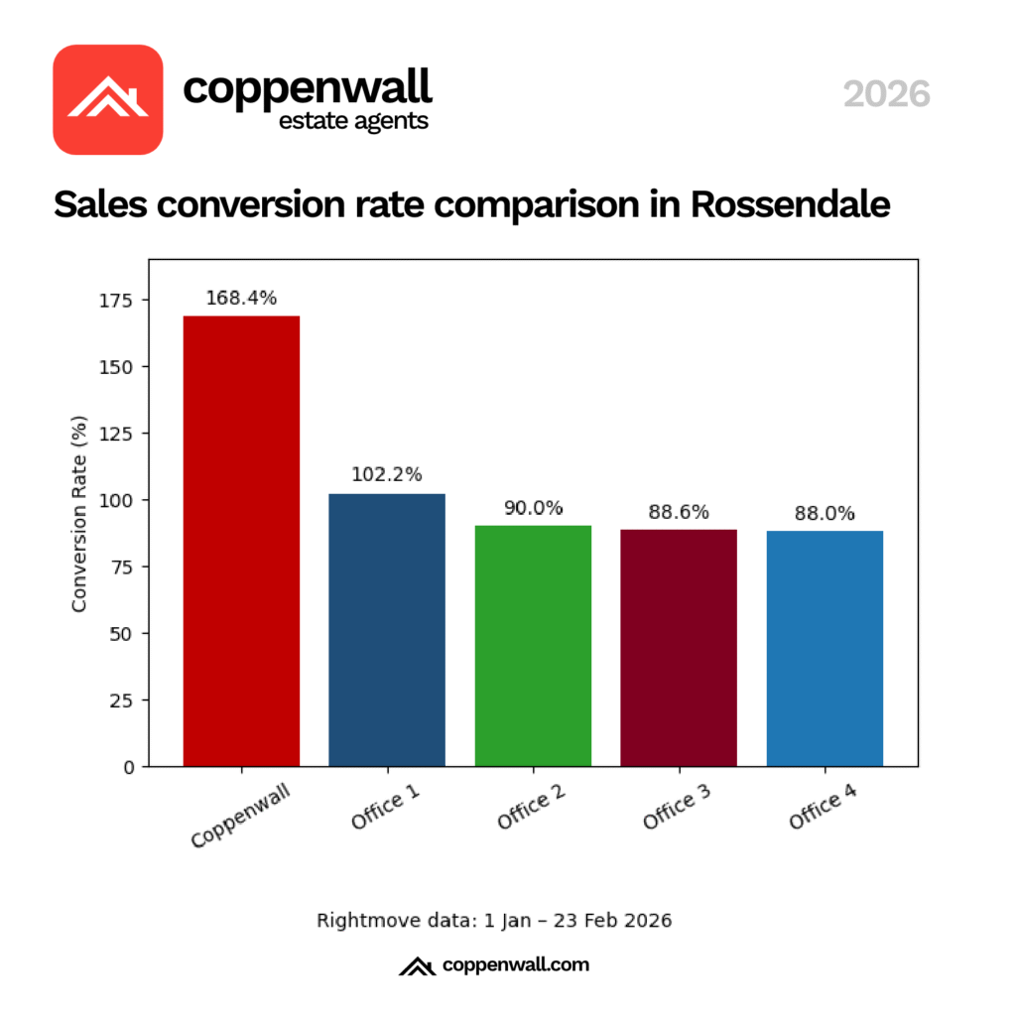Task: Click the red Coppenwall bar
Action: [x=241, y=541]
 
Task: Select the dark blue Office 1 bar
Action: [x=387, y=630]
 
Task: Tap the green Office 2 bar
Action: [x=533, y=646]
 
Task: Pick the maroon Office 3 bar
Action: [x=679, y=648]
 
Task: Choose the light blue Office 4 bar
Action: [x=825, y=649]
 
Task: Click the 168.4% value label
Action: [x=241, y=298]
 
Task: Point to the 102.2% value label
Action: [x=387, y=475]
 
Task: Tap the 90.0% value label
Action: [x=533, y=508]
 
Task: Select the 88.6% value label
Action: [x=679, y=512]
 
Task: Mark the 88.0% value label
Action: [x=825, y=514]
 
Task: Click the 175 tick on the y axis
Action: [x=125, y=300]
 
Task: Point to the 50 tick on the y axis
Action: [x=130, y=633]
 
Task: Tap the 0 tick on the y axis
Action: [x=134, y=767]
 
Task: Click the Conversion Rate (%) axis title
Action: [x=80, y=513]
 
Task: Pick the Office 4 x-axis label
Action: [x=823, y=806]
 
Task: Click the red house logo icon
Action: [x=107, y=99]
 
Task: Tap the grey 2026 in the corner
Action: [x=886, y=94]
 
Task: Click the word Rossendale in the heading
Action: [x=790, y=203]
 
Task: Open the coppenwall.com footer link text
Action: [x=515, y=964]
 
